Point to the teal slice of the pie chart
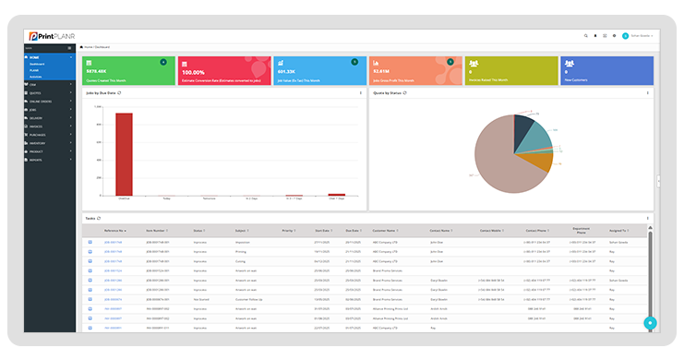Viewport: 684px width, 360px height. pyautogui.click(x=531, y=136)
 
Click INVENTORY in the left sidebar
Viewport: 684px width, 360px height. pyautogui.click(x=39, y=142)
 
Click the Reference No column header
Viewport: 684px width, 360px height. pyautogui.click(x=114, y=231)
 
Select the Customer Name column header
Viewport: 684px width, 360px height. pyautogui.click(x=384, y=231)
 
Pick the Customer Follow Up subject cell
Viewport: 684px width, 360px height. pyautogui.click(x=248, y=299)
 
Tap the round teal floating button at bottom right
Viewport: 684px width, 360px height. pyautogui.click(x=650, y=323)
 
